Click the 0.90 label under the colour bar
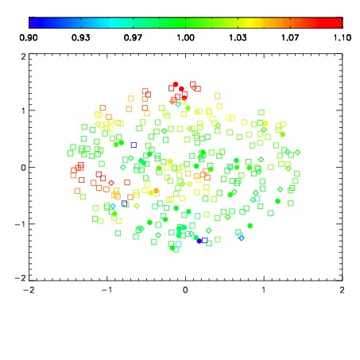(x=29, y=37)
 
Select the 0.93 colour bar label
(x=81, y=37)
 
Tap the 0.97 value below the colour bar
(x=133, y=37)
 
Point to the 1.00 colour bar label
(x=185, y=37)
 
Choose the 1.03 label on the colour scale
(x=238, y=37)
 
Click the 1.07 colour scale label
(x=290, y=37)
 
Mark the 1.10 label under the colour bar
(x=343, y=37)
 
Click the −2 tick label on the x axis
(x=29, y=290)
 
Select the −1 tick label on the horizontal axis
(x=107, y=290)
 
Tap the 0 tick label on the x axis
(x=185, y=290)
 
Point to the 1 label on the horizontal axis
(x=264, y=290)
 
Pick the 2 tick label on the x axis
(x=342, y=290)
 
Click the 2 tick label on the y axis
(x=24, y=56)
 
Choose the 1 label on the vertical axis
(x=24, y=110)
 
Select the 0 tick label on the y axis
(x=24, y=168)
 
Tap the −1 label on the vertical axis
(x=21, y=224)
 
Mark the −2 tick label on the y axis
(x=21, y=278)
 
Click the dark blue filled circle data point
(x=199, y=241)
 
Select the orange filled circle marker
(x=157, y=191)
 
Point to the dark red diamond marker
(x=111, y=183)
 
